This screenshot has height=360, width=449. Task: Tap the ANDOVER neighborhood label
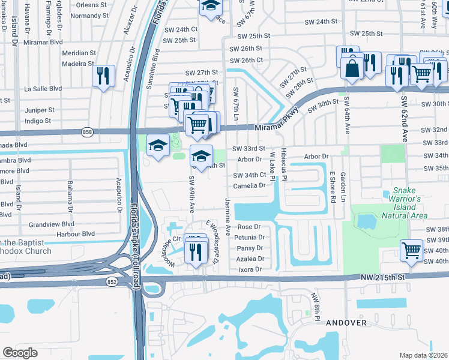(x=346, y=323)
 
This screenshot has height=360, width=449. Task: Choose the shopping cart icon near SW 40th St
(x=412, y=250)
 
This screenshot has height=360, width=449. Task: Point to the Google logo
(x=20, y=352)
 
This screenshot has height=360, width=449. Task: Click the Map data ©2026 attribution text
(x=423, y=355)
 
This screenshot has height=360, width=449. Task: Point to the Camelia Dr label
(x=250, y=185)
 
